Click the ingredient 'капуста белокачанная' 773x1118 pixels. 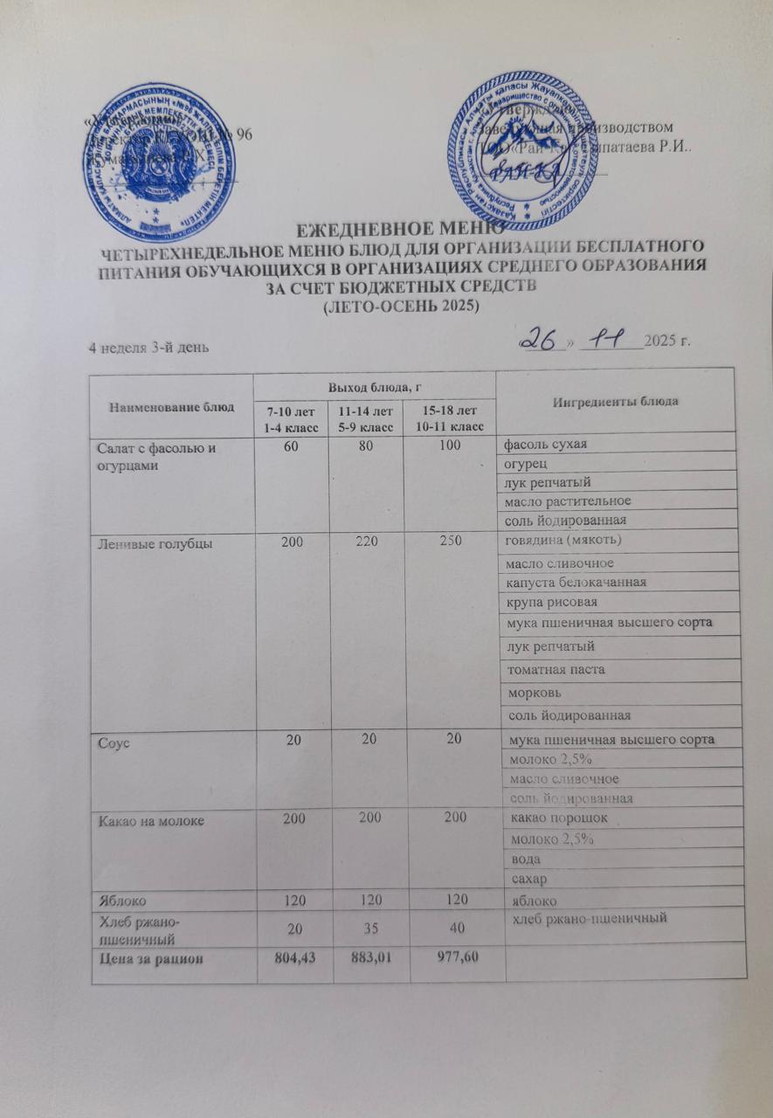(577, 582)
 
